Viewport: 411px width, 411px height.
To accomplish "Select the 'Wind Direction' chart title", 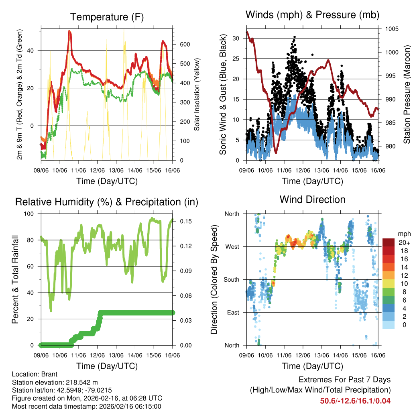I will (312, 199).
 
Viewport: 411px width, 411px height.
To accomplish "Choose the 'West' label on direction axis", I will (232, 246).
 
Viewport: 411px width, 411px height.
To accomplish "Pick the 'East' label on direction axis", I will (232, 312).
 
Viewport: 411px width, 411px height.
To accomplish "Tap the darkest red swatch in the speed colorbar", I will (388, 242).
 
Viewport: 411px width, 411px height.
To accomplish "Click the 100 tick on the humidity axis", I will (30, 214).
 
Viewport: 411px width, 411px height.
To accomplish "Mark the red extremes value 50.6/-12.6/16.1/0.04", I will (355, 401).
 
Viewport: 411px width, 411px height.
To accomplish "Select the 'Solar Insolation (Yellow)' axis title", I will (197, 95).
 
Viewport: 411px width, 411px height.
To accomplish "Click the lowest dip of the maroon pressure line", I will (276, 153).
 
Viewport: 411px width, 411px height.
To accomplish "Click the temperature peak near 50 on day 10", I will (70, 31).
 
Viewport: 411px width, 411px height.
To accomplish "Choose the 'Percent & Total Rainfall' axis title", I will (15, 279).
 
